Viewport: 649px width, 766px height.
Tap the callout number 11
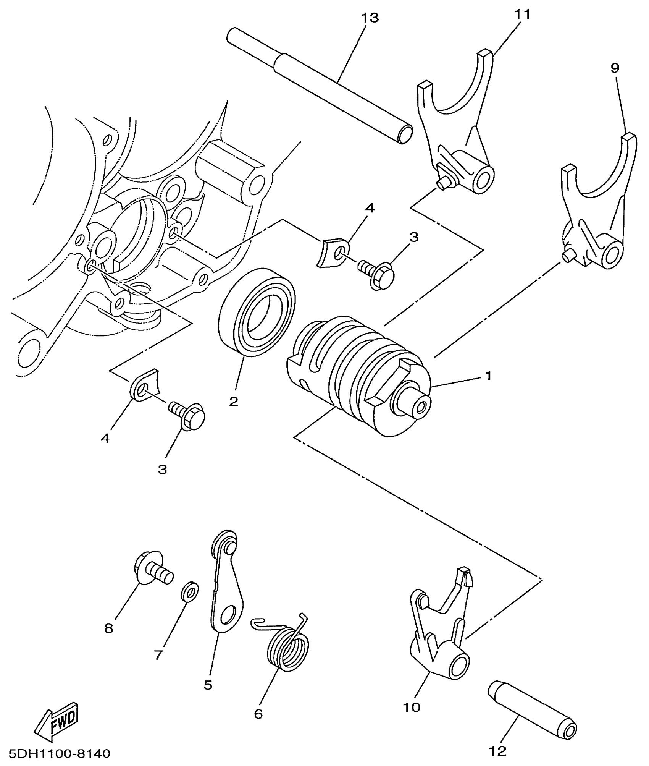tap(522, 15)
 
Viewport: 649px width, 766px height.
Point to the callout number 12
tap(498, 751)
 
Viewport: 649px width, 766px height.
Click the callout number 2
tap(234, 401)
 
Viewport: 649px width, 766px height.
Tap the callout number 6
tap(258, 714)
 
